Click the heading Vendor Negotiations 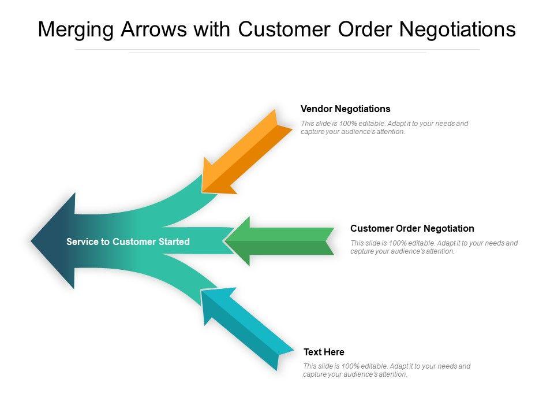(x=346, y=109)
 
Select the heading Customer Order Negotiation (x=412, y=228)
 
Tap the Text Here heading (x=324, y=352)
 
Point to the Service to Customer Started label (x=128, y=242)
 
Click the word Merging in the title (x=76, y=30)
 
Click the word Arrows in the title (x=155, y=30)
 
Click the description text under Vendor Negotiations (x=384, y=127)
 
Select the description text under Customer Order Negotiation (x=434, y=247)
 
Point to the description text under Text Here (x=387, y=370)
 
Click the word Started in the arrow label (x=174, y=242)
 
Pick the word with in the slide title (x=211, y=30)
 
